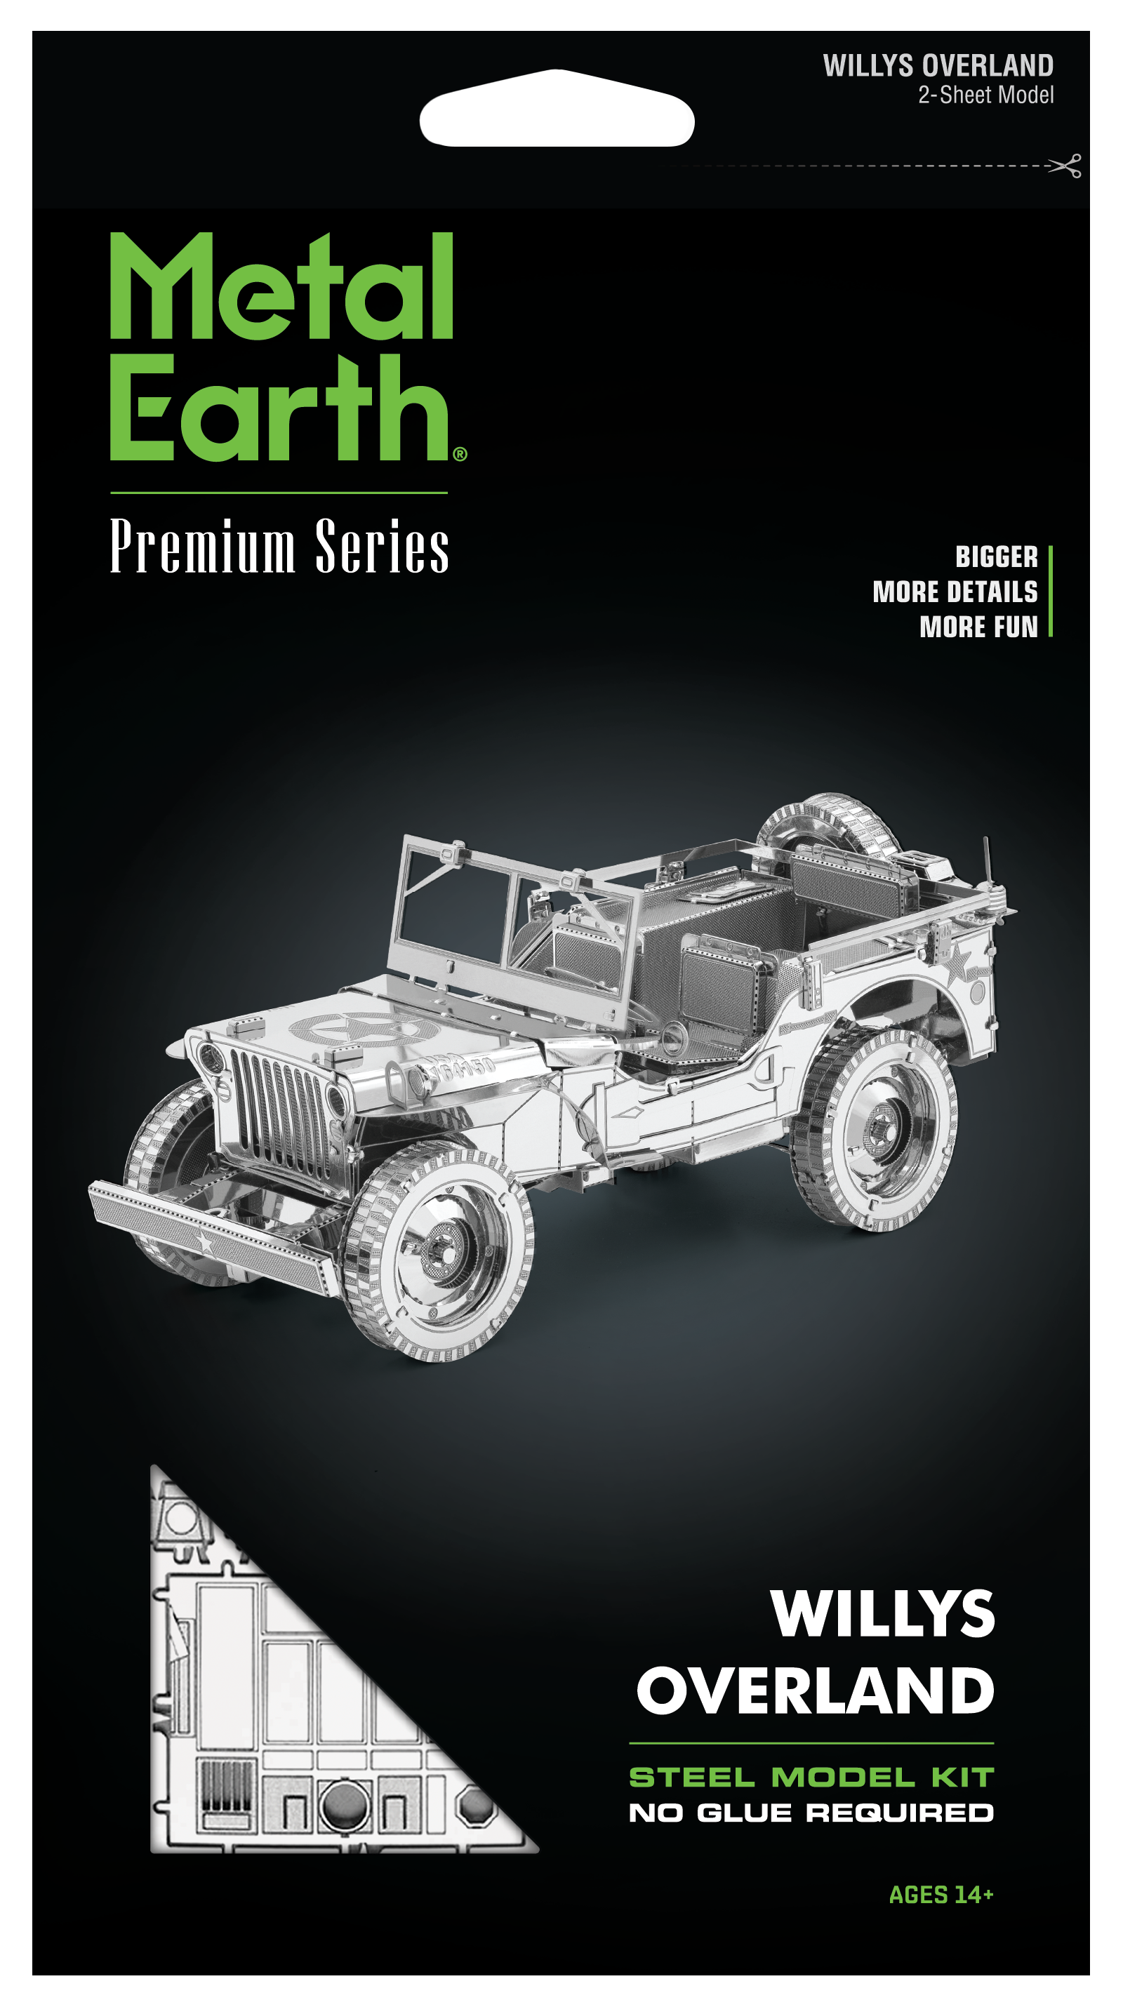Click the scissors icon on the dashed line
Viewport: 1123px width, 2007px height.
(1065, 165)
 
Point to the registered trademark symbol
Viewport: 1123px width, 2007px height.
(460, 454)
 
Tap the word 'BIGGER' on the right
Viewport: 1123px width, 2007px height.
(996, 556)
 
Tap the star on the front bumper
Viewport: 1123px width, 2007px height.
(205, 1241)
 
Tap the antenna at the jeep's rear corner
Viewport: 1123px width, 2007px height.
(988, 865)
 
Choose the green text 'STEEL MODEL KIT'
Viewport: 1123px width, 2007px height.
(811, 1777)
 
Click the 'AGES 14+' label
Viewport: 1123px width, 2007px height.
(941, 1894)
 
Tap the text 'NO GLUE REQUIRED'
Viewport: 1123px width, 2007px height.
(811, 1813)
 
